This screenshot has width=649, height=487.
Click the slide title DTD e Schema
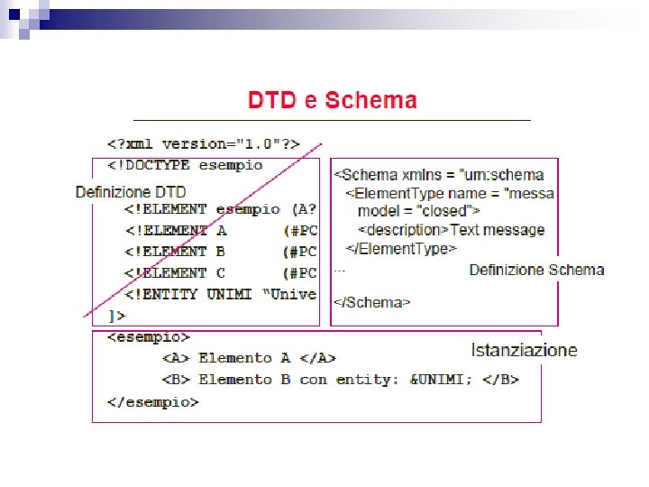(333, 99)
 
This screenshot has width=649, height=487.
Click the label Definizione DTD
(131, 191)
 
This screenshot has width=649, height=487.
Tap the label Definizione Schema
(536, 270)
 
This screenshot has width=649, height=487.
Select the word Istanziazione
(524, 350)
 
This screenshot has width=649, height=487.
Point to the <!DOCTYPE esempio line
(185, 165)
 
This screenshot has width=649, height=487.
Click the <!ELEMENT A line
(221, 230)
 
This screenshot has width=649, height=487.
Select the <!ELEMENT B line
(221, 252)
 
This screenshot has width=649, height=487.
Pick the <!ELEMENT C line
(221, 272)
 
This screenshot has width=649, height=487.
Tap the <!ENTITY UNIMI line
(221, 294)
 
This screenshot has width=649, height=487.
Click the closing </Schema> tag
(372, 302)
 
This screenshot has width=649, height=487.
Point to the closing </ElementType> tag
(401, 248)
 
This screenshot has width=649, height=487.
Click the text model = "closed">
(418, 211)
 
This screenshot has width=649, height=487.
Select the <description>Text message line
(455, 229)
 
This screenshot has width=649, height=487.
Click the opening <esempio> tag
(149, 337)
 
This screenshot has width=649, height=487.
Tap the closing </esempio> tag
(152, 402)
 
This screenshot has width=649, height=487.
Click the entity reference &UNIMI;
(441, 380)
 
